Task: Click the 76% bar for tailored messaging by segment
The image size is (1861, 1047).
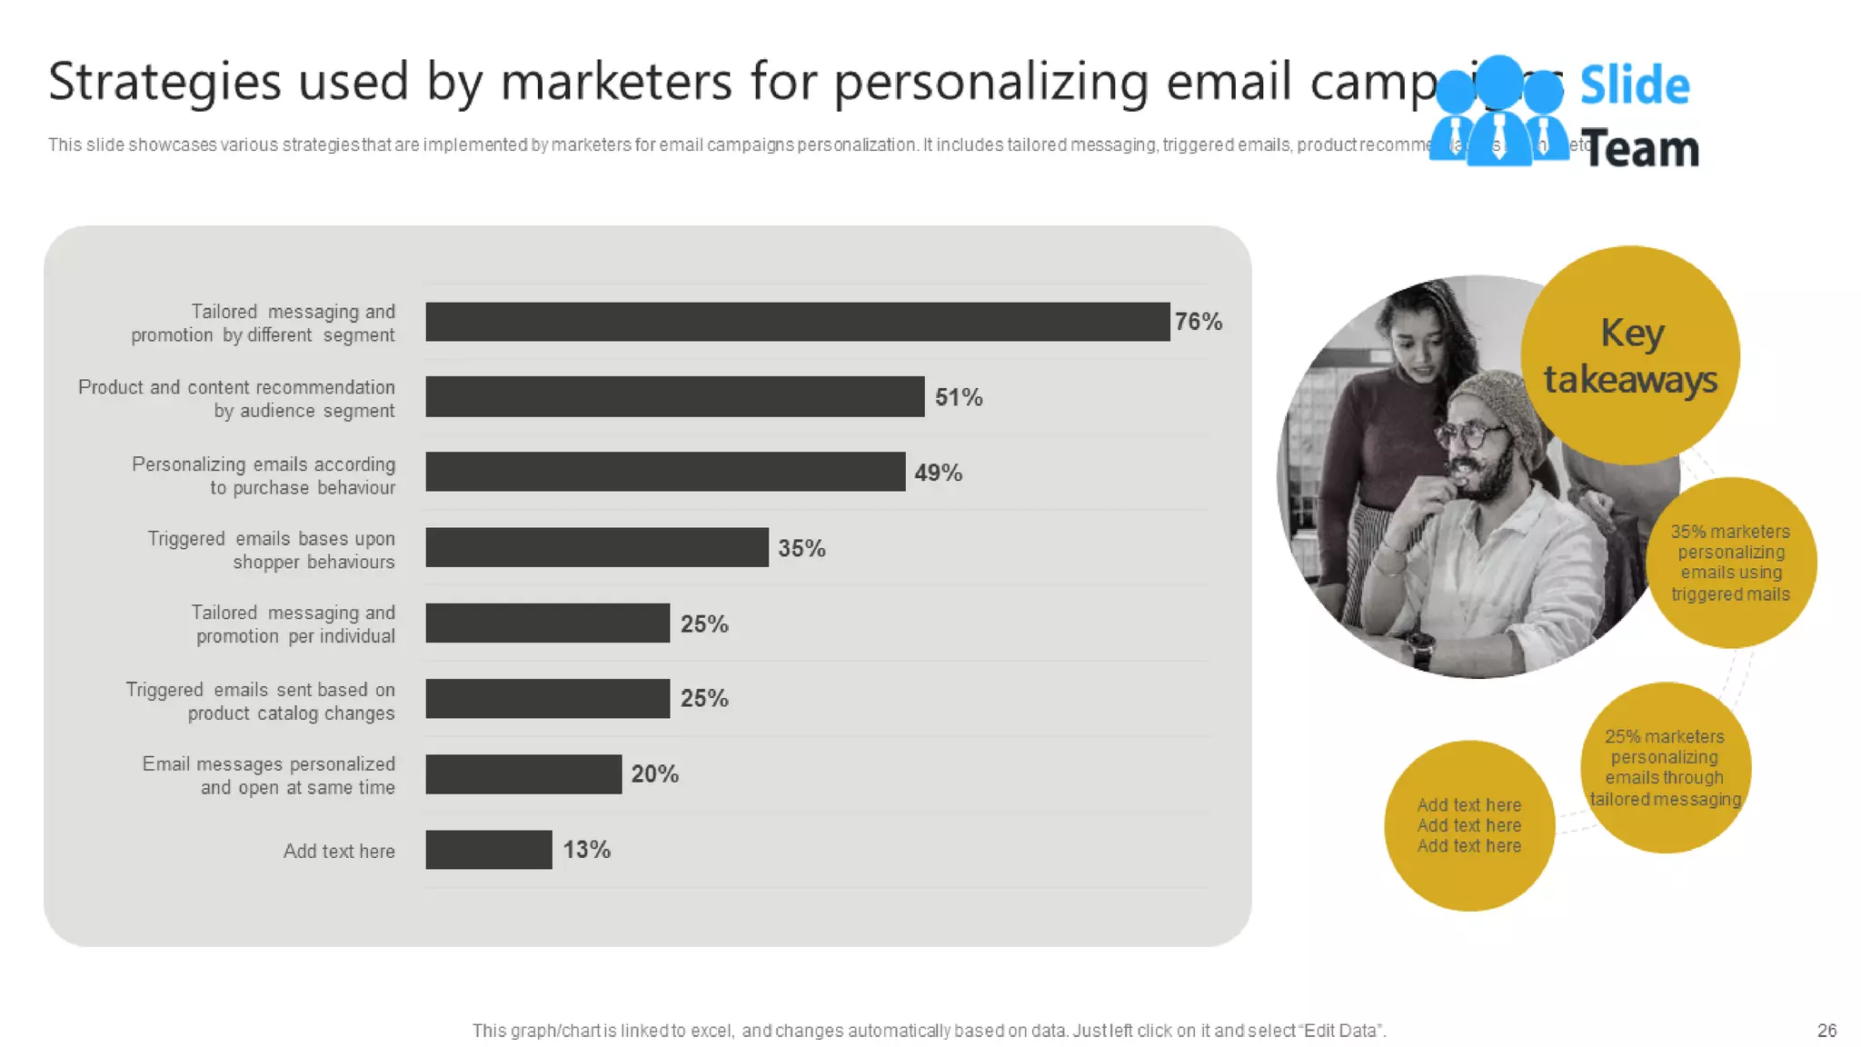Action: pos(797,322)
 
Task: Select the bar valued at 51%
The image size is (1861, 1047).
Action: pos(674,397)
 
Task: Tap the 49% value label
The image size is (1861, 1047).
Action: pos(938,474)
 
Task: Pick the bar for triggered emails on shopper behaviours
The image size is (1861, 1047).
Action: pos(596,548)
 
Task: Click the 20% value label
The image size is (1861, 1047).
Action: pos(654,774)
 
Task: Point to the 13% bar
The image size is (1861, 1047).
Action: pos(488,850)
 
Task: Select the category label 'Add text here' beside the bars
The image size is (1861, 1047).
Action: pos(339,852)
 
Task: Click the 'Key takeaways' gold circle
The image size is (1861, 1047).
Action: pos(1630,356)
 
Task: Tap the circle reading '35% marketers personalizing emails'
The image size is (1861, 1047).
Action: pos(1731,563)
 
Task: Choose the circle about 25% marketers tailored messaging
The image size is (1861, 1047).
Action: pos(1665,768)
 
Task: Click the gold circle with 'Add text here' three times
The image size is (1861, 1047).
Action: pos(1469,825)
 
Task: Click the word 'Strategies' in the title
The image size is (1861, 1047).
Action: pos(164,83)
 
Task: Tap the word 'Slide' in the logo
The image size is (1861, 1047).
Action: pos(1634,86)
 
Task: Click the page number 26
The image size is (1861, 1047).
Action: pos(1826,1031)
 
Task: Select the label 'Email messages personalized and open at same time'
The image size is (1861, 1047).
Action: pos(269,776)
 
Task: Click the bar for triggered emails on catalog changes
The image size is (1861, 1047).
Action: pos(547,699)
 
